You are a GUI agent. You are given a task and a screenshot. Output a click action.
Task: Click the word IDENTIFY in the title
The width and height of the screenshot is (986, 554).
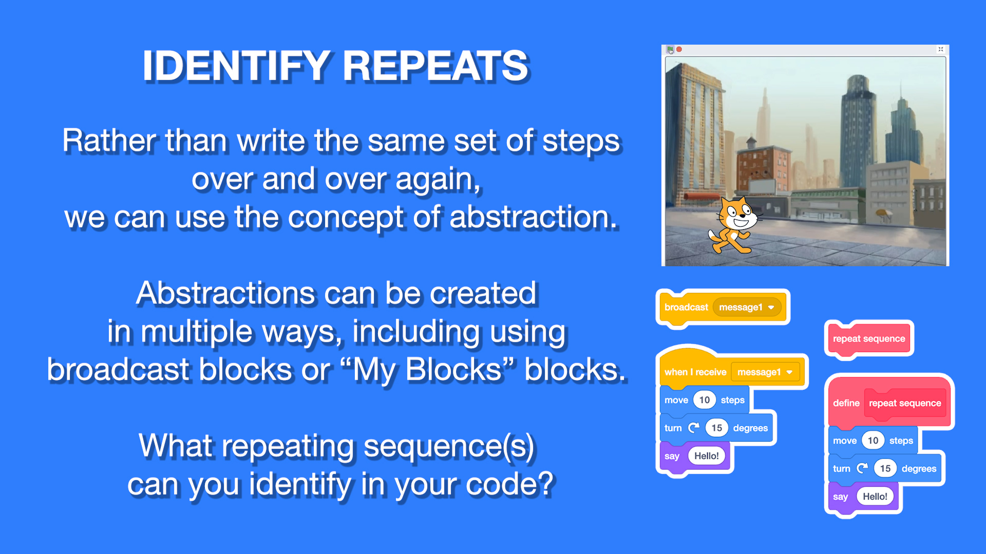click(x=237, y=66)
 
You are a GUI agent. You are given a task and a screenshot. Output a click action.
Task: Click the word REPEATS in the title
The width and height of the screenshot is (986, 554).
click(x=435, y=66)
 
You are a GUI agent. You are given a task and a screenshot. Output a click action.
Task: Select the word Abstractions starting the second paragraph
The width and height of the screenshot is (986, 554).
click(x=225, y=293)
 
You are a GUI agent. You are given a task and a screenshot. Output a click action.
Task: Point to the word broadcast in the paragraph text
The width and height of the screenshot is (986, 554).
click(x=118, y=369)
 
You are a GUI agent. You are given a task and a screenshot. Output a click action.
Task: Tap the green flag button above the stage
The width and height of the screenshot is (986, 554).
click(x=670, y=49)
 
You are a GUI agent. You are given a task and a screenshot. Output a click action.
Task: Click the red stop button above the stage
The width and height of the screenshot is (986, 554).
click(x=679, y=49)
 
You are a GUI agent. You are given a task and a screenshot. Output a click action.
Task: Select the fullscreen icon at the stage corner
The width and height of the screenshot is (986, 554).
click(x=941, y=49)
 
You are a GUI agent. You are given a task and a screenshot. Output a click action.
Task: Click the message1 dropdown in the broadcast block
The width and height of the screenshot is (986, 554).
click(x=747, y=307)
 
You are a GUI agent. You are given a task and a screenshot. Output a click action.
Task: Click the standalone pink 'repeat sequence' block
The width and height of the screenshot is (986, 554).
click(x=869, y=339)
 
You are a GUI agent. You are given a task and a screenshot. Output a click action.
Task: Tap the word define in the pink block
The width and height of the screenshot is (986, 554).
click(x=846, y=403)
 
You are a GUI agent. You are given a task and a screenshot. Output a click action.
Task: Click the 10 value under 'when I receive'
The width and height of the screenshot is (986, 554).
click(x=705, y=400)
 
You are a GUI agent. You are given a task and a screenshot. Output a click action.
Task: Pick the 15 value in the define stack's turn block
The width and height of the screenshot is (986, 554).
click(x=885, y=468)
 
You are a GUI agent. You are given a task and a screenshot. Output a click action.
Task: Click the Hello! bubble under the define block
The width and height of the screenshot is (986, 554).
click(x=875, y=497)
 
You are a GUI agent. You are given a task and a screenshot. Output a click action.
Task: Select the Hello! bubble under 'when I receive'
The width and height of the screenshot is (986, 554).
click(x=707, y=456)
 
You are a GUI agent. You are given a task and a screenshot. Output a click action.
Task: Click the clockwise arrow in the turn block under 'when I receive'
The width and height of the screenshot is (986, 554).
click(x=693, y=428)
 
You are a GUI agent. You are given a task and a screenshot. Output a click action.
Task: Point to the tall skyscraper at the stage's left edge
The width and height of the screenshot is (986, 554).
click(x=693, y=133)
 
